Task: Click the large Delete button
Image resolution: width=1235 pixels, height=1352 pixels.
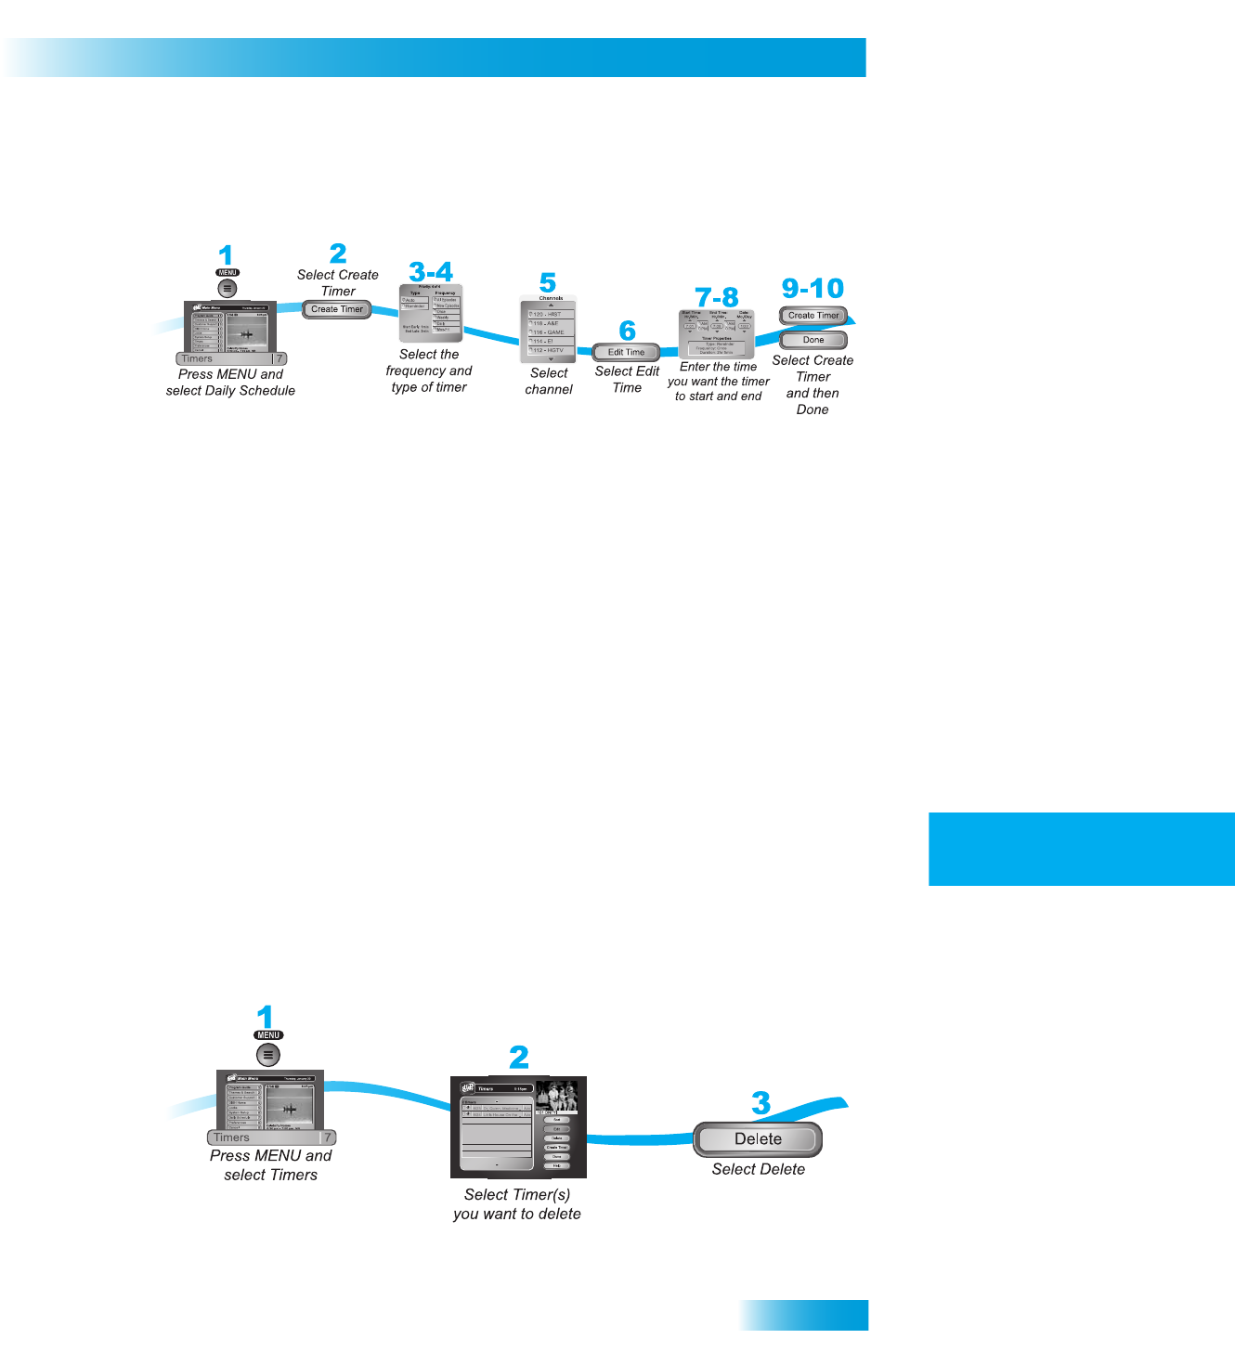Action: [758, 1139]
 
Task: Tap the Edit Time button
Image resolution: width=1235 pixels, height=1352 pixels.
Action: [626, 352]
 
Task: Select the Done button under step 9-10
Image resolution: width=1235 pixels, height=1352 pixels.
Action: [813, 340]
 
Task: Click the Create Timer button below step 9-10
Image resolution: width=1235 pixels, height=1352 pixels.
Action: [813, 316]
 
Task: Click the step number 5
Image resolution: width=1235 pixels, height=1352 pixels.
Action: [548, 283]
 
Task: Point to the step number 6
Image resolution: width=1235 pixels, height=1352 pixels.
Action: [628, 331]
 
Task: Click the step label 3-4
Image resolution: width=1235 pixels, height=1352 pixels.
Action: [431, 272]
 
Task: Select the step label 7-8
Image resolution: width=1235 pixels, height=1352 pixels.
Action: [717, 297]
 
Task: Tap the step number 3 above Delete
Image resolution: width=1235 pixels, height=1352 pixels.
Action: [761, 1103]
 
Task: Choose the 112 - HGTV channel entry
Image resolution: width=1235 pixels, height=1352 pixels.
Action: [549, 350]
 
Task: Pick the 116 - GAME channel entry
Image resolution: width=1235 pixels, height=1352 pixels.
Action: [549, 332]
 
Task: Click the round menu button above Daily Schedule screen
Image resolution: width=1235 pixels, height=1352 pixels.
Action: [227, 289]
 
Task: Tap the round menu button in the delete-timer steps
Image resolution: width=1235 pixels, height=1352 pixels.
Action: [267, 1055]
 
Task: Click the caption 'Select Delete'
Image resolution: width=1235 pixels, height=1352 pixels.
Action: [758, 1169]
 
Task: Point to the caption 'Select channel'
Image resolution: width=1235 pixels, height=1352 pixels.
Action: [549, 381]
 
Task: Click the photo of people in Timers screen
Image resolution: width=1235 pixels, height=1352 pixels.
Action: [557, 1095]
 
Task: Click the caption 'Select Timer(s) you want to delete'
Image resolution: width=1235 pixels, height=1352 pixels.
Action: [517, 1204]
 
